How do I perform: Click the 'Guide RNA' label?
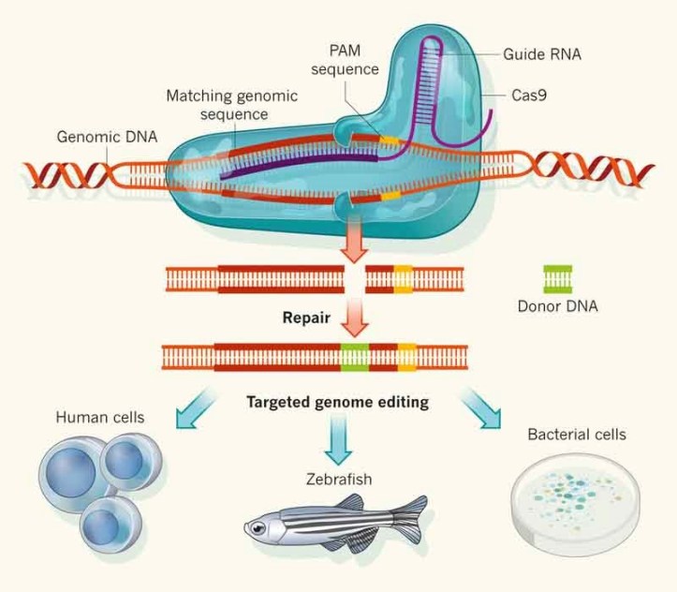[x=542, y=54]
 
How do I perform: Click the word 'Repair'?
[x=307, y=317]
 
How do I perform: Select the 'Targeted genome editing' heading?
[x=337, y=403]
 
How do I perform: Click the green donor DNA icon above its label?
[x=558, y=277]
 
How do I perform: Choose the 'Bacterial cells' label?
[x=576, y=435]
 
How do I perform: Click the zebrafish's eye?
[x=258, y=529]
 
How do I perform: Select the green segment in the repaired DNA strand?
[x=354, y=356]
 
